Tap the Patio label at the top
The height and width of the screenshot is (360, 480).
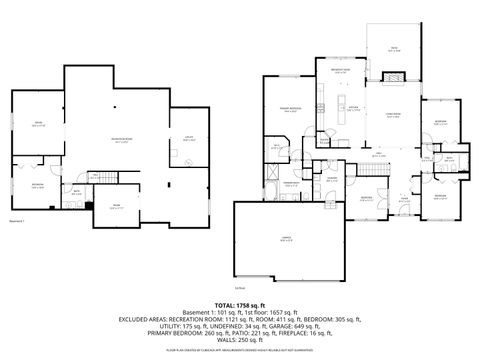click(x=394, y=48)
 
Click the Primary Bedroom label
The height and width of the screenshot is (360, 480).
click(x=290, y=110)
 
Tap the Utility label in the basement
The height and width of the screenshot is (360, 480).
click(x=188, y=138)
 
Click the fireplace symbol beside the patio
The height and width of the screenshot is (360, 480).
click(x=394, y=77)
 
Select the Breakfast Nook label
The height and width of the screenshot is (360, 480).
click(x=340, y=70)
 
